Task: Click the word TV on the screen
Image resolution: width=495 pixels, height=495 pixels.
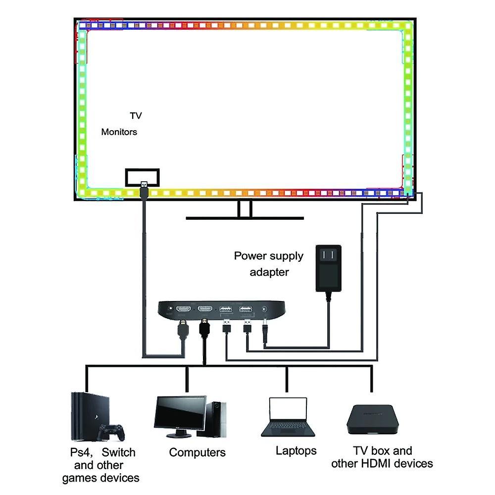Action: coord(136,116)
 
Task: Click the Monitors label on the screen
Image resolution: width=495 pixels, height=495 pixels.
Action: coord(119,132)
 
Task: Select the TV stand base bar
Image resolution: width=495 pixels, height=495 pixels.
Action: coord(245,217)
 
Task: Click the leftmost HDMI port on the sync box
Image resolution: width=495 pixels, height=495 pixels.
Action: coord(184,309)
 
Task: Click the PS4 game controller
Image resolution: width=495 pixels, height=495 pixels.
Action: coord(110,432)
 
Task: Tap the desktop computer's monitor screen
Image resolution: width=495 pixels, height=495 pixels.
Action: coord(180,413)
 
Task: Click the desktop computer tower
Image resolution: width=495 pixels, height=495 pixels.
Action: coord(215,418)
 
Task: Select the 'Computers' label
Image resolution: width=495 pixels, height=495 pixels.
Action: coord(197,452)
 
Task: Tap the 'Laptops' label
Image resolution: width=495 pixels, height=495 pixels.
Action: coord(296,450)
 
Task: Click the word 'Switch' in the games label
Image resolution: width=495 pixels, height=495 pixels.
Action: coord(119,452)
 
